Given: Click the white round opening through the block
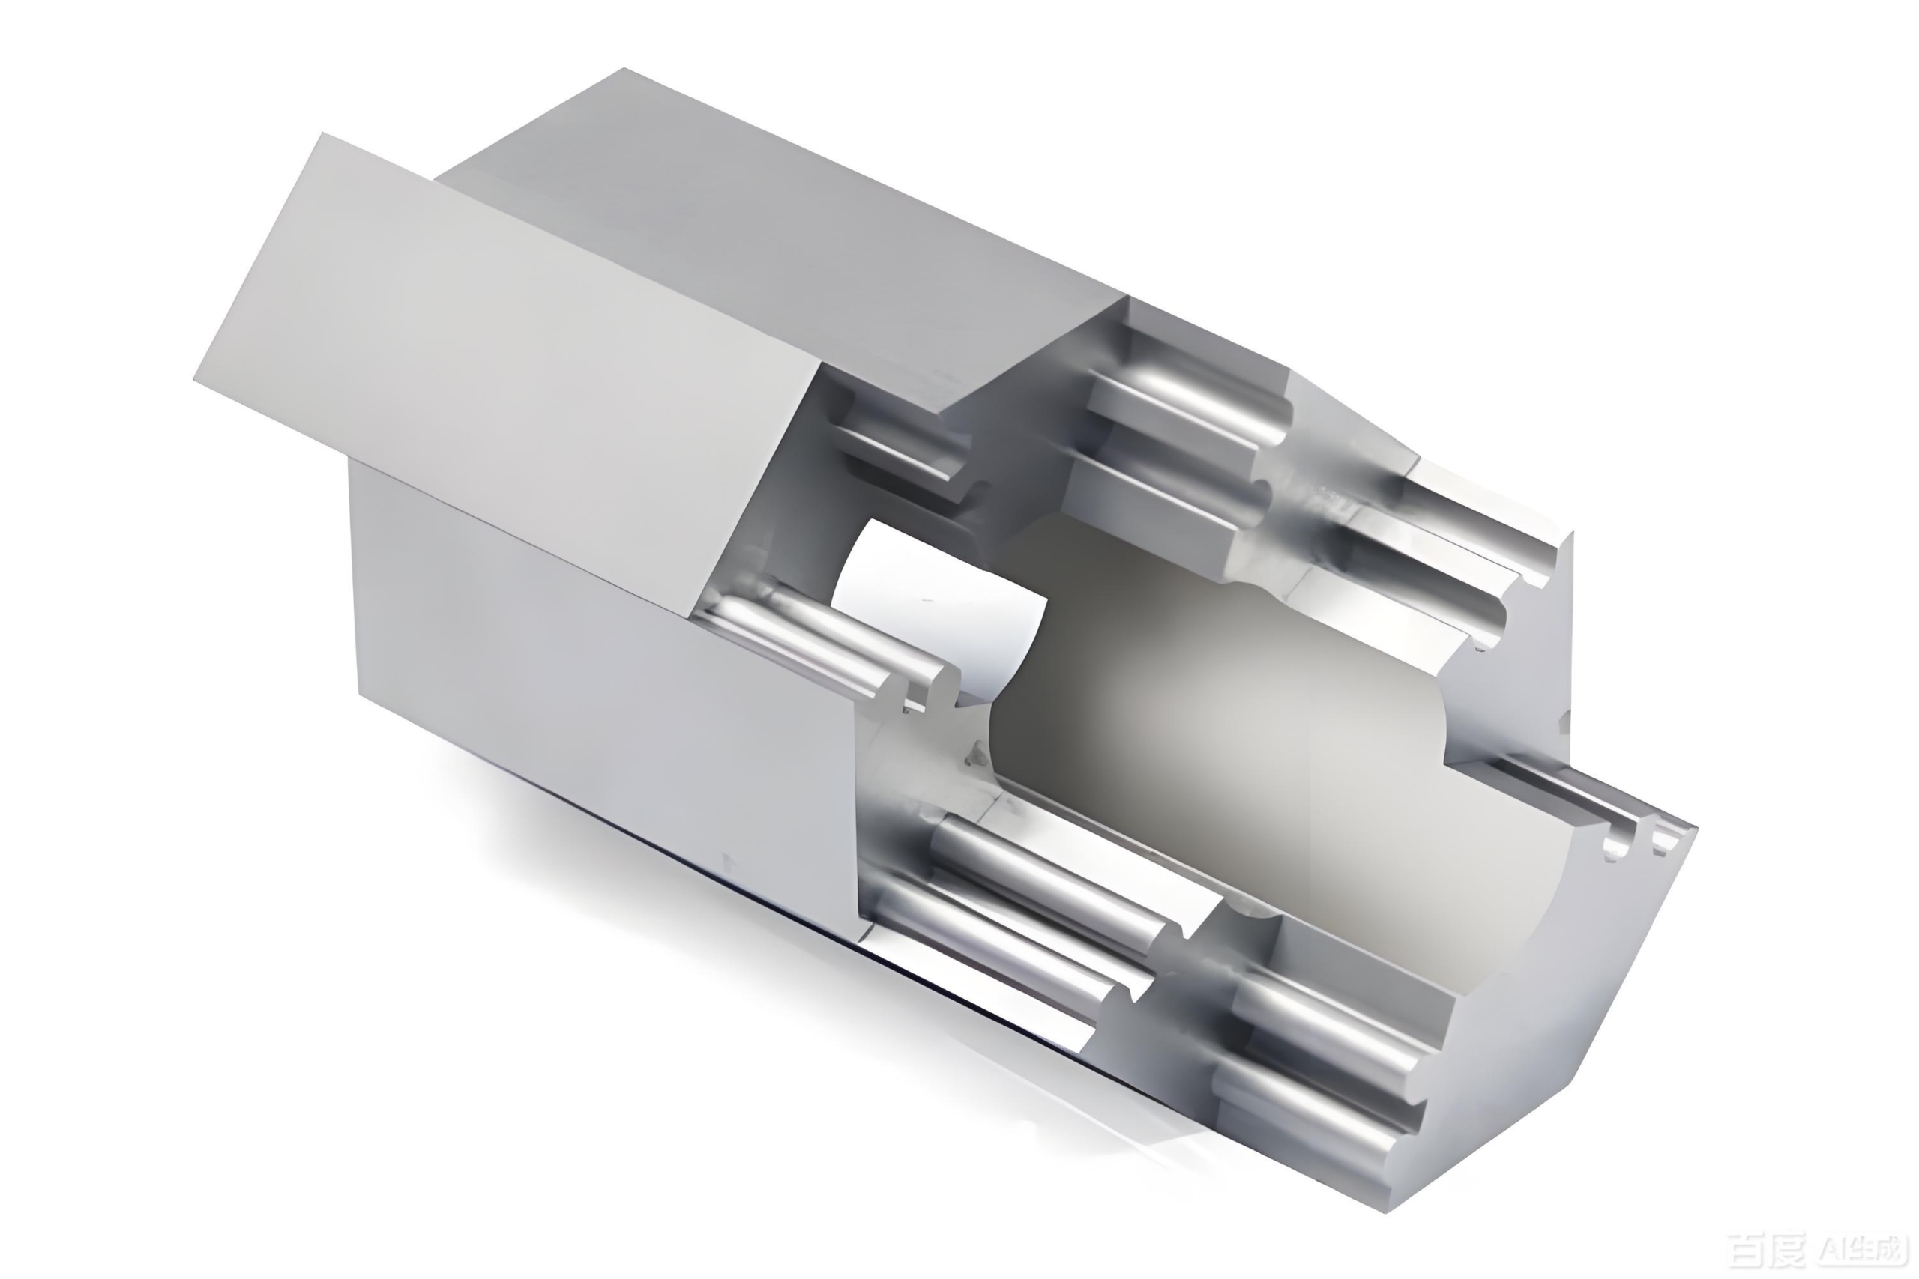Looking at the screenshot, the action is click(939, 604).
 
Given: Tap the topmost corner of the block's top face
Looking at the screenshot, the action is click(624, 68).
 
